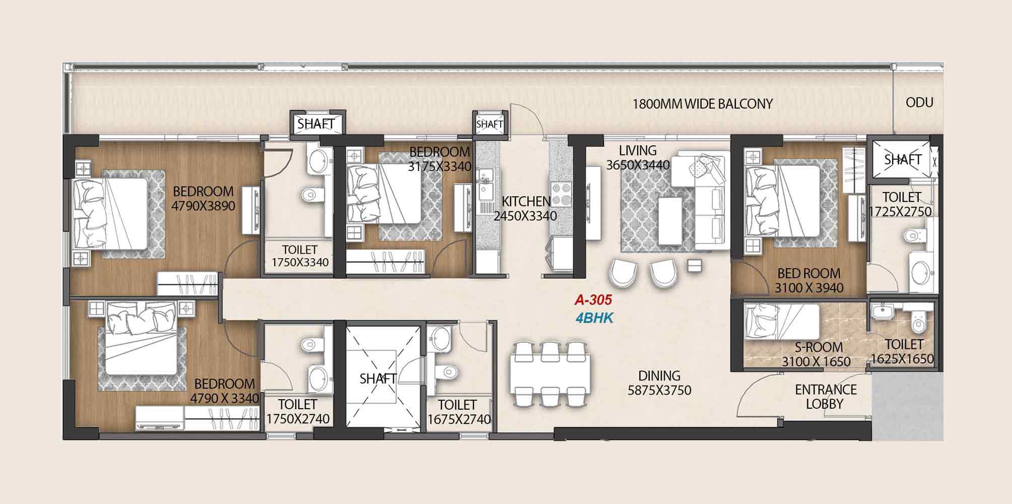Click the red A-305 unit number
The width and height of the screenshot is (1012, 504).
593,300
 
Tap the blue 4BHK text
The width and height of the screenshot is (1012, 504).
594,319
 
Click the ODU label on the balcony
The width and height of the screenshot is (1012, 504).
919,103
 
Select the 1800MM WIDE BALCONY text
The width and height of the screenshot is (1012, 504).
702,104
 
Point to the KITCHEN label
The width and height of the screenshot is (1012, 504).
526,202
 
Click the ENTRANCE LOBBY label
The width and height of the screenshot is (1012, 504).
826,397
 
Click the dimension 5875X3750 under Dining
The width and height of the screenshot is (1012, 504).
659,391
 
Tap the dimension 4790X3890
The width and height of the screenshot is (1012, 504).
203,206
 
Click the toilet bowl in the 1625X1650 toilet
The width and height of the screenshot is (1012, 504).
919,322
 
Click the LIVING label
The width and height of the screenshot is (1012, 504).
638,151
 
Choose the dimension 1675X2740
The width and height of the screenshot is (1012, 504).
459,419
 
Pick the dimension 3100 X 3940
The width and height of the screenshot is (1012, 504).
809,288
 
